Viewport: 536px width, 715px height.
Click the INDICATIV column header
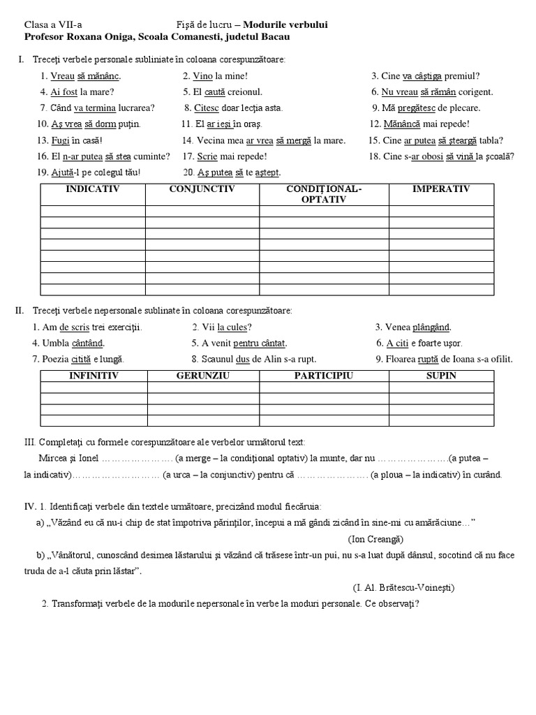(x=93, y=189)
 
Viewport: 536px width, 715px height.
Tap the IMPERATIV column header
(x=441, y=189)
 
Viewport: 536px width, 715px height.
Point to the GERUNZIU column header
(x=199, y=376)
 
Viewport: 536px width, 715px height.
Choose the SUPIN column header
(x=441, y=376)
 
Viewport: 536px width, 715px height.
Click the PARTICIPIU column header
(x=323, y=376)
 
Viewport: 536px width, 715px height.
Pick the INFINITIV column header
(x=94, y=376)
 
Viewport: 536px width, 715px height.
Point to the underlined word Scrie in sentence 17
(x=208, y=156)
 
